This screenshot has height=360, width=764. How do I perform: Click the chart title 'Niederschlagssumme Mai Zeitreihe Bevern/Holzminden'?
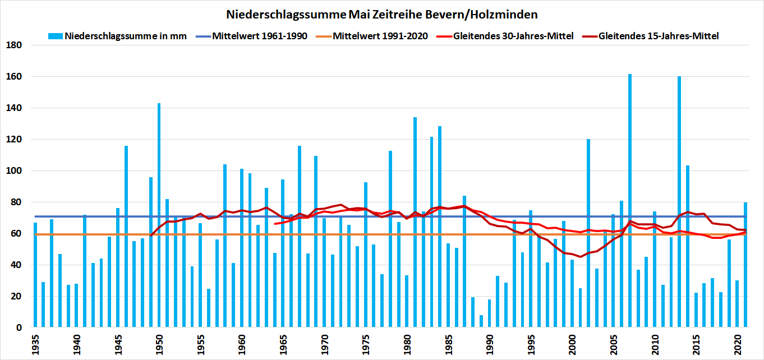[x=381, y=13]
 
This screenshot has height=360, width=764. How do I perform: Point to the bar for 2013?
[x=679, y=201]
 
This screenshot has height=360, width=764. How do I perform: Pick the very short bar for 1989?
[x=481, y=321]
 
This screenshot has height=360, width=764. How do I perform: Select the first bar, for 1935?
[x=35, y=274]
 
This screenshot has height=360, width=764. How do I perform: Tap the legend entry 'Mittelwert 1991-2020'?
[x=380, y=36]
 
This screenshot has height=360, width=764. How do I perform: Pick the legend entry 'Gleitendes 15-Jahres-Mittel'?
[x=659, y=36]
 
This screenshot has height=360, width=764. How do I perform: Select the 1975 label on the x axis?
[x=366, y=343]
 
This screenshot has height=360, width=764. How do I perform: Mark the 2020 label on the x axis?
[x=737, y=343]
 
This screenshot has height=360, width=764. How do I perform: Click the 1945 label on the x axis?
[x=118, y=343]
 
